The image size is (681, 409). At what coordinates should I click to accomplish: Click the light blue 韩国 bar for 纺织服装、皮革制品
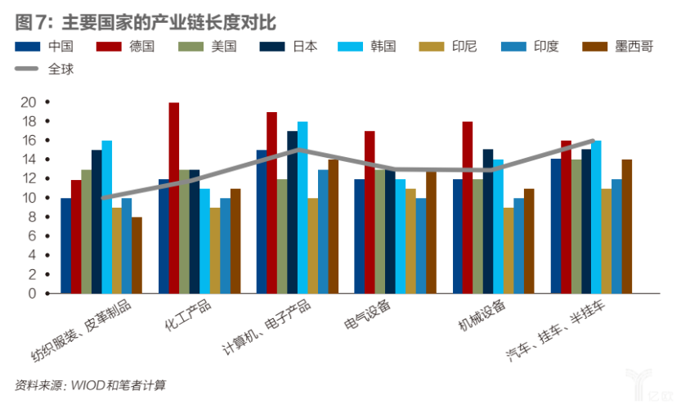tap(106, 217)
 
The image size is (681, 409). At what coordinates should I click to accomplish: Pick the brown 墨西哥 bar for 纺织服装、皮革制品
tap(137, 254)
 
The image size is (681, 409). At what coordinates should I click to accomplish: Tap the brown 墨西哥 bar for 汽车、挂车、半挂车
tap(626, 226)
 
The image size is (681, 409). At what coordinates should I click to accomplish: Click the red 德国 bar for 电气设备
tap(370, 212)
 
